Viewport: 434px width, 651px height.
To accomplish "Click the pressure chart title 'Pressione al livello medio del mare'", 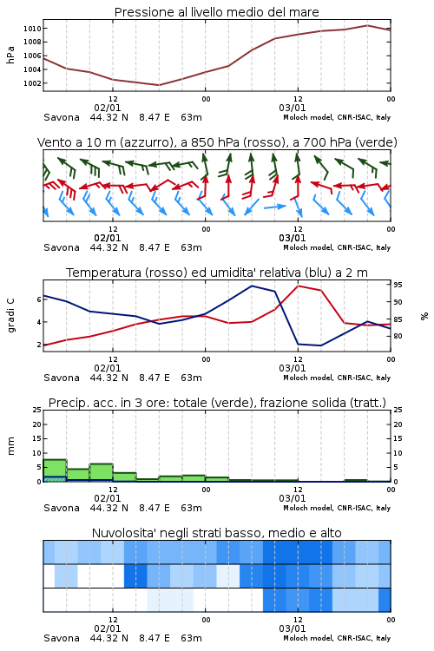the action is click(x=216, y=12).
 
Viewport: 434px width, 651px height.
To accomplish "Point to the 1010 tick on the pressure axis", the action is click(x=32, y=29).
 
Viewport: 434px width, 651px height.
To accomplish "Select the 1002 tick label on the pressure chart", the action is click(x=32, y=83).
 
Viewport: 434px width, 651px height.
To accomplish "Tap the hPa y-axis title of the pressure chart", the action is click(x=10, y=56).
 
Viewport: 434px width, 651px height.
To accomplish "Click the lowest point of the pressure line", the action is click(x=159, y=85).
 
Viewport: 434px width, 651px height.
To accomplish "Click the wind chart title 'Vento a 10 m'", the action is click(x=217, y=142).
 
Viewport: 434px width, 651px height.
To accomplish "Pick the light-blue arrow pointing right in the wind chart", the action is click(x=275, y=207).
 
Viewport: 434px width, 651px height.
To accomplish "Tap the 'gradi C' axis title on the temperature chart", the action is click(x=10, y=316).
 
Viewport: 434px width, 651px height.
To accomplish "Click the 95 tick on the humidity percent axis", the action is click(x=398, y=286).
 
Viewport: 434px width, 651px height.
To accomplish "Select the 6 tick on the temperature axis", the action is click(x=39, y=299).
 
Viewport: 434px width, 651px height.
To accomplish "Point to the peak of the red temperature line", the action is click(x=299, y=286).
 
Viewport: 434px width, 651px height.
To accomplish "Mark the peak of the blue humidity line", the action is click(x=252, y=286).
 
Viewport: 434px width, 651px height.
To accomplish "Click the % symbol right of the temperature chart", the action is click(x=424, y=316).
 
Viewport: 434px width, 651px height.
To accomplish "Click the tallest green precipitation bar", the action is click(x=55, y=470).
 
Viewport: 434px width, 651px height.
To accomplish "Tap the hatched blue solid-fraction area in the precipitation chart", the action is click(x=55, y=479).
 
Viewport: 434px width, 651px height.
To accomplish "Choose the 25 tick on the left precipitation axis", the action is click(x=37, y=411).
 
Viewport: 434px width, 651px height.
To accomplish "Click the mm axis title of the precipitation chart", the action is click(x=10, y=446).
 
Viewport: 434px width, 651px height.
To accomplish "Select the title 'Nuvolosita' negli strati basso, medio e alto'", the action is click(x=216, y=533).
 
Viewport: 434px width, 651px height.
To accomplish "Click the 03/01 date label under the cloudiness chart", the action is click(x=293, y=628).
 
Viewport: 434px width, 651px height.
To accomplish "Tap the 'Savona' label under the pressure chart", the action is click(x=62, y=117).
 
